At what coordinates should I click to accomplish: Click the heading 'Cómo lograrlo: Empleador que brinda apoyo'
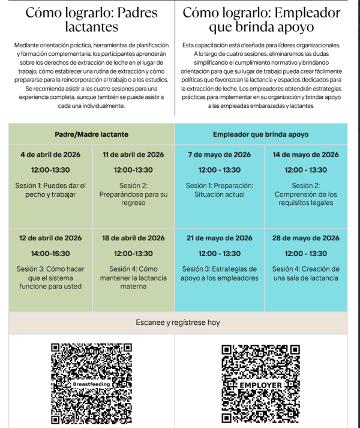pyautogui.click(x=261, y=20)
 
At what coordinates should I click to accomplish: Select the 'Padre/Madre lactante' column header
pyautogui.click(x=92, y=134)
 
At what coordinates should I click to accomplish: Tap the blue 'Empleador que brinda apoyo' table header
pyautogui.click(x=261, y=134)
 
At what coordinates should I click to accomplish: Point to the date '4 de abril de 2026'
pyautogui.click(x=50, y=155)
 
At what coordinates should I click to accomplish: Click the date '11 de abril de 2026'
pyautogui.click(x=133, y=155)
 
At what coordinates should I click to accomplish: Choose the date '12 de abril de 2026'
pyautogui.click(x=50, y=238)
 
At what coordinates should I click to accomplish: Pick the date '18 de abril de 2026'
pyautogui.click(x=133, y=238)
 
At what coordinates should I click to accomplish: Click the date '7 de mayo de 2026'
pyautogui.click(x=219, y=155)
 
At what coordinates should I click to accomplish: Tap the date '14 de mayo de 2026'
pyautogui.click(x=305, y=155)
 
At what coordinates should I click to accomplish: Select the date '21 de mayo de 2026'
pyautogui.click(x=219, y=238)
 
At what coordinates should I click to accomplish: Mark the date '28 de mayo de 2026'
pyautogui.click(x=305, y=238)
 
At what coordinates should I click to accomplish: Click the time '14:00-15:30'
pyautogui.click(x=50, y=254)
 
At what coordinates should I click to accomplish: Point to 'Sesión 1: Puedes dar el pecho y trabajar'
pyautogui.click(x=50, y=190)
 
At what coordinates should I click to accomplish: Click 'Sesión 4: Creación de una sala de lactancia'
pyautogui.click(x=305, y=273)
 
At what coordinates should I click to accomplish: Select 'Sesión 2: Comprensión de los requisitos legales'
pyautogui.click(x=305, y=194)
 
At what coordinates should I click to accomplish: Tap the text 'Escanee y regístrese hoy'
pyautogui.click(x=178, y=322)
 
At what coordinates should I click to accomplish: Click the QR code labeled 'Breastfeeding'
pyautogui.click(x=92, y=383)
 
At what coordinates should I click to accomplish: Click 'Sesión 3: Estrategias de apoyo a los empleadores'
pyautogui.click(x=219, y=273)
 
